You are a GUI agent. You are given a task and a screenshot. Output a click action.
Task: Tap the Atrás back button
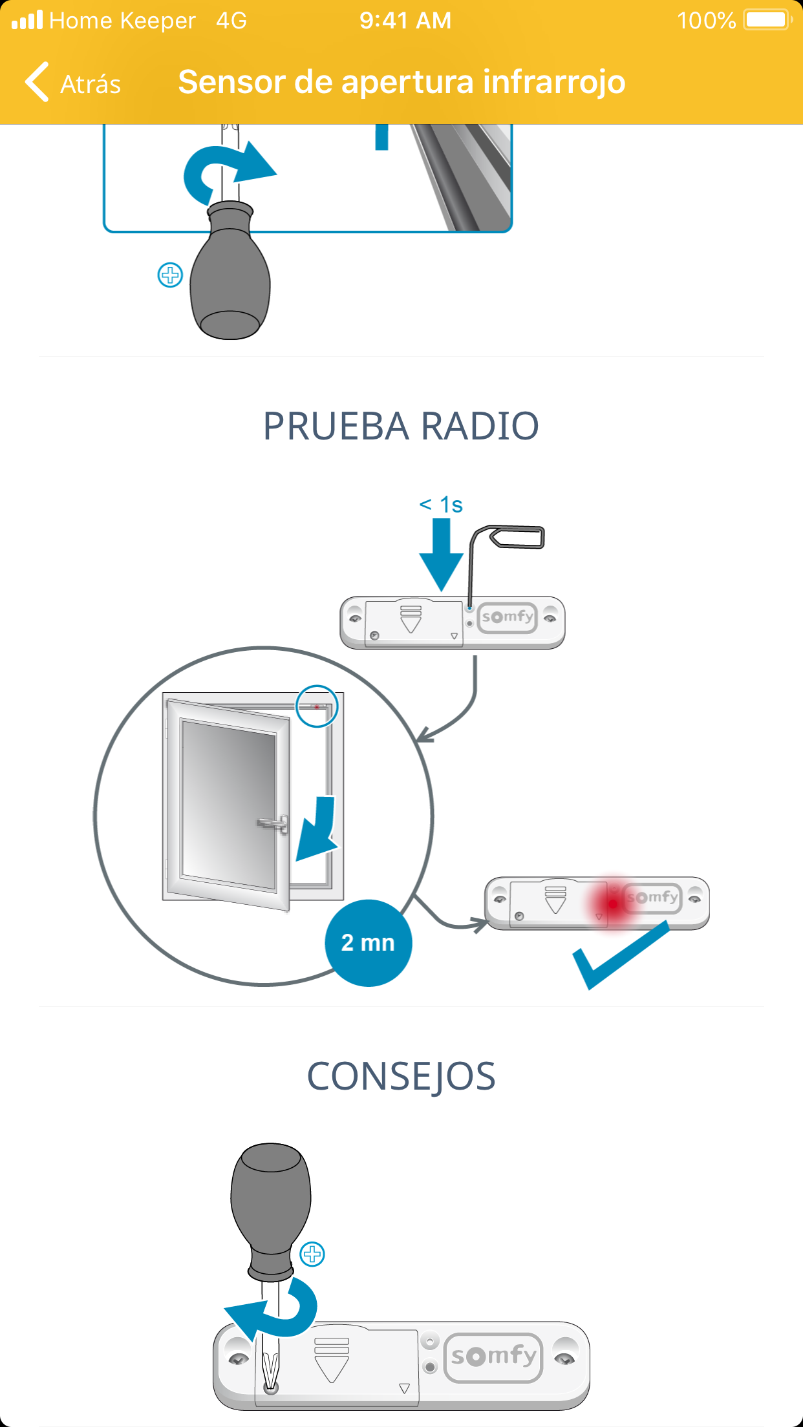(72, 83)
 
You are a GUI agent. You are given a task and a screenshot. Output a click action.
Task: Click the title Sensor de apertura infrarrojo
(401, 82)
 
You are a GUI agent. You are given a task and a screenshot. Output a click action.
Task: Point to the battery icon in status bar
(767, 20)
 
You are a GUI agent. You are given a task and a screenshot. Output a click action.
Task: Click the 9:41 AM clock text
(405, 21)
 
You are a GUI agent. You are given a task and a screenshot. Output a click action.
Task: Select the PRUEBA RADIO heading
(401, 426)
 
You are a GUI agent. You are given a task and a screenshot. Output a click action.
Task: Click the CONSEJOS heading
(401, 1077)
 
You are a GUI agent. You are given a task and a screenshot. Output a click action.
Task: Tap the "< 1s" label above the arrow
(441, 505)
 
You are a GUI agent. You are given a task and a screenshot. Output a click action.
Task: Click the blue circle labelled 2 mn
(368, 943)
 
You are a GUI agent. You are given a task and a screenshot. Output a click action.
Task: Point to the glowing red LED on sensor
(612, 903)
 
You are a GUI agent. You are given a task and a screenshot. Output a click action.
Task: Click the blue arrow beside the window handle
(317, 830)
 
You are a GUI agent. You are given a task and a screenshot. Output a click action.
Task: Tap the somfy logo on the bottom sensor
(493, 1356)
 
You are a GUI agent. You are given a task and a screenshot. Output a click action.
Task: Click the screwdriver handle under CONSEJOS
(271, 1202)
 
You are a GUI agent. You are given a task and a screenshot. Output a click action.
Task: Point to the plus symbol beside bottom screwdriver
(312, 1254)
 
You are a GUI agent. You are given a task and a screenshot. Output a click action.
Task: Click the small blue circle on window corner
(317, 706)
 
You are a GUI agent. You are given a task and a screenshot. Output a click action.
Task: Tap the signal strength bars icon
(27, 20)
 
